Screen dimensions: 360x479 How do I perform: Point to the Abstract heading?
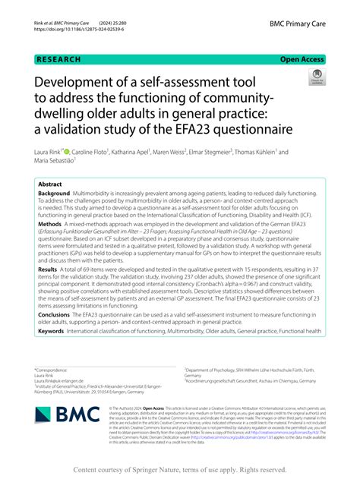point(50,184)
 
